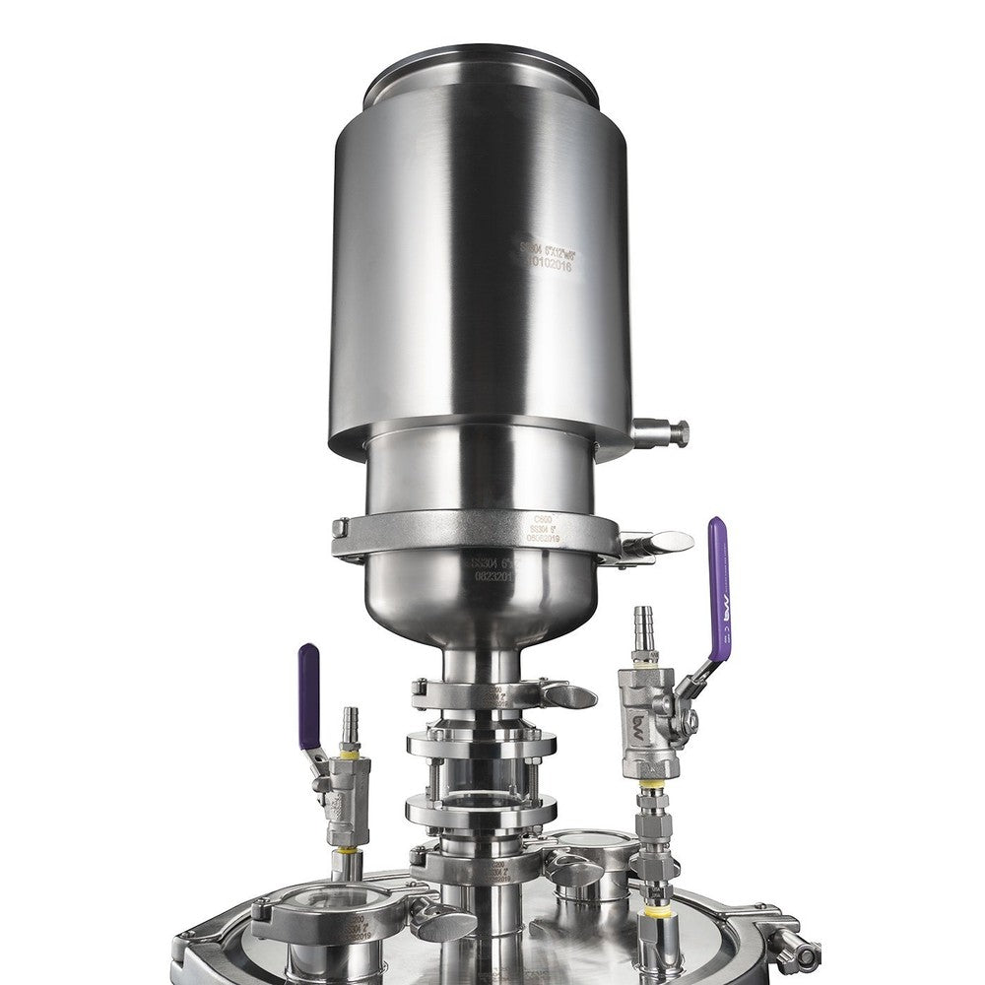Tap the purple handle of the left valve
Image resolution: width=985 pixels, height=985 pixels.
(x=309, y=694)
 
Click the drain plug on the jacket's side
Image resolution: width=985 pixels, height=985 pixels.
(x=662, y=431)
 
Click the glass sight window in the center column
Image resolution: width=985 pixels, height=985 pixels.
(x=478, y=778)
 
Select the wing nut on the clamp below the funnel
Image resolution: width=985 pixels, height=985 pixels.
(x=569, y=695)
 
